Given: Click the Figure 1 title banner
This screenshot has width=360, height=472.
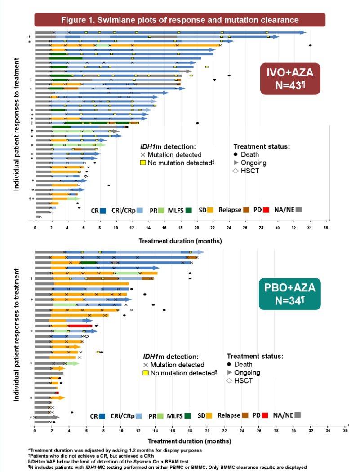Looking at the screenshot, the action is coord(180,20).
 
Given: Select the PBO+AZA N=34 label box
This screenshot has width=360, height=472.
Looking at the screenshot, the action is coord(290,294).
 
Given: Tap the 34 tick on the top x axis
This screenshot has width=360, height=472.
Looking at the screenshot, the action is coord(310,228).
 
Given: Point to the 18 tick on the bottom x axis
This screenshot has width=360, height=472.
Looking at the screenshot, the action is coord(190,431).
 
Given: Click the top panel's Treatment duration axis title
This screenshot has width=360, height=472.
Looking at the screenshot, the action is coord(180,241).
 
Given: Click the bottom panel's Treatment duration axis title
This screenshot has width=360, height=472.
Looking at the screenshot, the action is coord(190,441).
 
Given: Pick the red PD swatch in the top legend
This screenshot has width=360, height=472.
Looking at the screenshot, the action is coord(266,210).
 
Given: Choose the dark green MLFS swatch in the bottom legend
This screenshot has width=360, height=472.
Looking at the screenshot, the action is coord(188,416).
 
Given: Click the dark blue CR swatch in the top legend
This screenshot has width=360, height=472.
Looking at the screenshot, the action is coord(103,211).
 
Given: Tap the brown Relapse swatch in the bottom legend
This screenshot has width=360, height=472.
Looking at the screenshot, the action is coord(245,415).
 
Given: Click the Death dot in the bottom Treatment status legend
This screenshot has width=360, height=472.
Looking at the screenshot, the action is coord(230,365).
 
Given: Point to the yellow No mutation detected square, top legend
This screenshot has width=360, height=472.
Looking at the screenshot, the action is coord(143,163).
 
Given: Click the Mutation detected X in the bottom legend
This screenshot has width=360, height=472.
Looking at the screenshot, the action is coord(146,365).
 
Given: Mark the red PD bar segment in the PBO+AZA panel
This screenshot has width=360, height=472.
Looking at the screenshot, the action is coord(80,326).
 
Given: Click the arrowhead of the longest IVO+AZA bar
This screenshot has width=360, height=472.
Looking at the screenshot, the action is coord(303,32).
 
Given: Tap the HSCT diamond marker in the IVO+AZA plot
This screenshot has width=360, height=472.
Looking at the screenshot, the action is coord(85,176).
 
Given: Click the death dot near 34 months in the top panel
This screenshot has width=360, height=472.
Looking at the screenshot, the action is coord(310,45).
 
